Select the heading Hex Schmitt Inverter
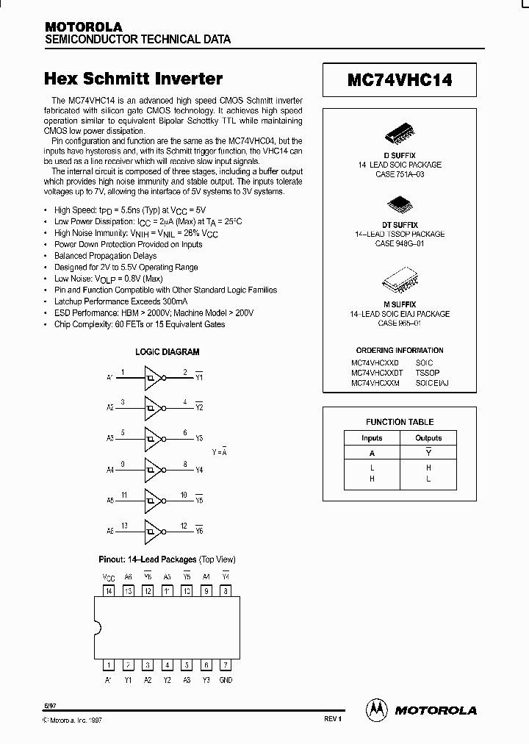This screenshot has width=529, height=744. pos(134,79)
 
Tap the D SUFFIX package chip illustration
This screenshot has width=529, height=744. pos(400,137)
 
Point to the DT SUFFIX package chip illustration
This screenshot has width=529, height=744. pos(400,202)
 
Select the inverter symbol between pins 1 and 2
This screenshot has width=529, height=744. pos(153,377)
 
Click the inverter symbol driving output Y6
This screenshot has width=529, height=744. pos(153,530)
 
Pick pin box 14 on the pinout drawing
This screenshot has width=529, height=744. pos(109,590)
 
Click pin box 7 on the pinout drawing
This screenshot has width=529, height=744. pos(226,664)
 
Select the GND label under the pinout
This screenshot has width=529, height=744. pos(226,680)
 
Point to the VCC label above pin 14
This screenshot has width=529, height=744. pos(109,577)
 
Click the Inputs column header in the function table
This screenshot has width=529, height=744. pos(372,438)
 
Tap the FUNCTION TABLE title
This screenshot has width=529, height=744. pos(400,422)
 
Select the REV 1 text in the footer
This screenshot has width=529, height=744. pos(332,718)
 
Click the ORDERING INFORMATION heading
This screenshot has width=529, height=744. pos(400,351)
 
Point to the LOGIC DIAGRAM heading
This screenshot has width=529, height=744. pos(168,352)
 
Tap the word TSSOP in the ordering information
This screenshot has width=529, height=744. pos(426,373)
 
